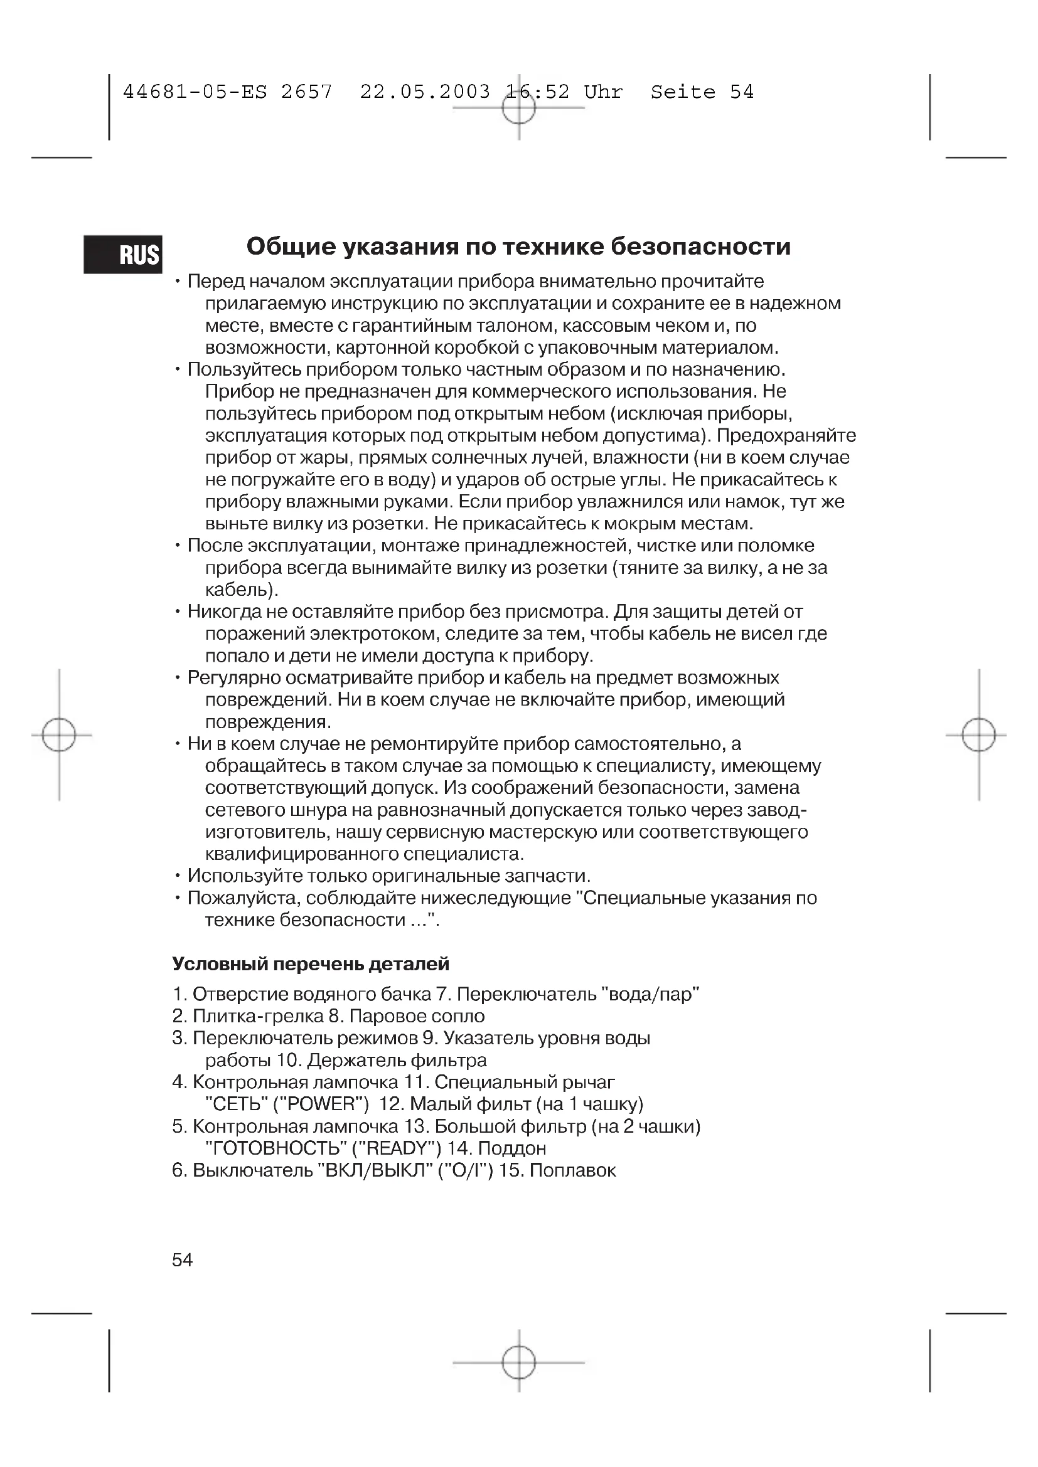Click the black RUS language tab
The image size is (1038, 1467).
[x=123, y=254]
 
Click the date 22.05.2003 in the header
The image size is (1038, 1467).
[x=425, y=92]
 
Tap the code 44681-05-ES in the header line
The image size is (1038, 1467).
[x=195, y=92]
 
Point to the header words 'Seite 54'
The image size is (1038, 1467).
[x=702, y=92]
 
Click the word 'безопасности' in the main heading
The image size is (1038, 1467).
[x=700, y=246]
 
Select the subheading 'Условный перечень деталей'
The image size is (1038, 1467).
[x=311, y=963]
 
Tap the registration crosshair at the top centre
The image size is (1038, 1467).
[x=518, y=108]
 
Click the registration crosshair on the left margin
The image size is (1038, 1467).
[x=59, y=735]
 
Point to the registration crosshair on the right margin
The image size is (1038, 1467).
[x=978, y=735]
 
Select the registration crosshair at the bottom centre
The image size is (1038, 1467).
[x=518, y=1362]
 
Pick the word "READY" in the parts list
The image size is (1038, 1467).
[x=396, y=1148]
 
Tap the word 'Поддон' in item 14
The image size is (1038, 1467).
[x=512, y=1148]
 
